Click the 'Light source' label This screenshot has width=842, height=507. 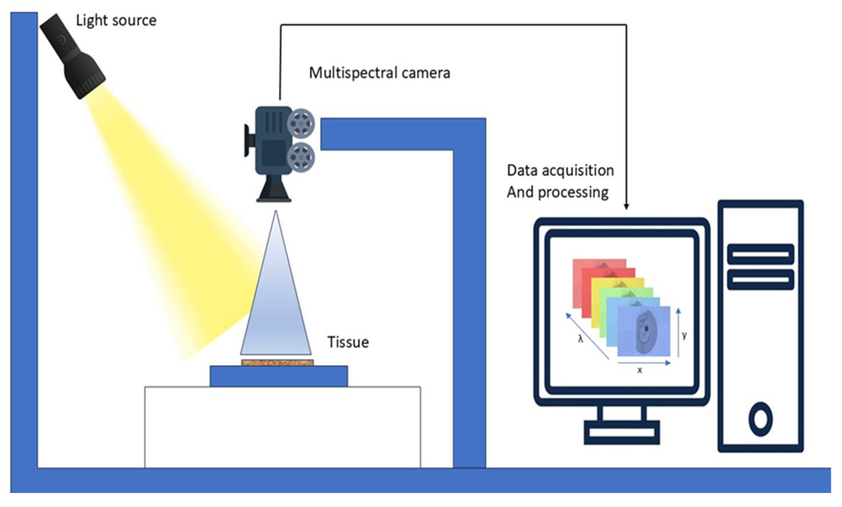pyautogui.click(x=116, y=20)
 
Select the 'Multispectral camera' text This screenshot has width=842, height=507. pyautogui.click(x=379, y=73)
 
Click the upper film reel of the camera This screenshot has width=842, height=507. pyautogui.click(x=301, y=122)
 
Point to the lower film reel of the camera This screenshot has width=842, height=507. pyautogui.click(x=301, y=157)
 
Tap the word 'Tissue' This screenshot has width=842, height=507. pyautogui.click(x=348, y=342)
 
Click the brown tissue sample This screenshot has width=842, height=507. pyautogui.click(x=277, y=362)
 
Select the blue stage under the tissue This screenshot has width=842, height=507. pyautogui.click(x=279, y=376)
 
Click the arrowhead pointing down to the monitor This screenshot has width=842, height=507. pyautogui.click(x=626, y=206)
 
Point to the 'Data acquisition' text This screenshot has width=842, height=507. pyautogui.click(x=560, y=170)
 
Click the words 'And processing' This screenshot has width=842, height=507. pyautogui.click(x=557, y=192)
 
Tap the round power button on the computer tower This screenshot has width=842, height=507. pyautogui.click(x=760, y=419)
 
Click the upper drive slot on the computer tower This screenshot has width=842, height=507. pyautogui.click(x=760, y=254)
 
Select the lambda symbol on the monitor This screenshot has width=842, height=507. pyautogui.click(x=581, y=339)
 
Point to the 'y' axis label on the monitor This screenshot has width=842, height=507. pyautogui.click(x=684, y=335)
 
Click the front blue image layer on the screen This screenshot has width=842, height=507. pyautogui.click(x=644, y=331)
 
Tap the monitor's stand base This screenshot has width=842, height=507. pyautogui.click(x=622, y=433)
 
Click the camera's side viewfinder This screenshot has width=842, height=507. pyautogui.click(x=247, y=140)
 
